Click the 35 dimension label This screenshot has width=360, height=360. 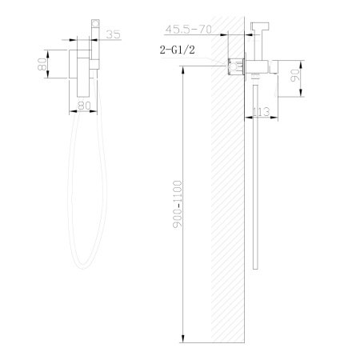[114, 35]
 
